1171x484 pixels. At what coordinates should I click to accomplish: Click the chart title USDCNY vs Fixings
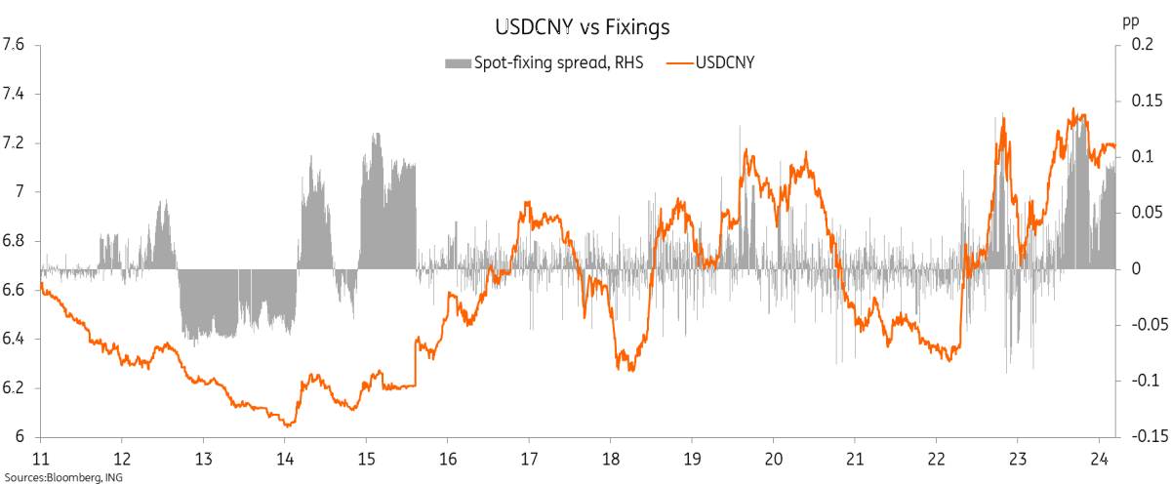coord(585,26)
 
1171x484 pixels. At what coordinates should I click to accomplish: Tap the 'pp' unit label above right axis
coord(1131,19)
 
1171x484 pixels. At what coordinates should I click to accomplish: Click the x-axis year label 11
coord(41,459)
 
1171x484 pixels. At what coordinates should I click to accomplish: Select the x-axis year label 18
coord(611,459)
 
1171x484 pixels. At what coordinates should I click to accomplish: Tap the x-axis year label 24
coord(1099,459)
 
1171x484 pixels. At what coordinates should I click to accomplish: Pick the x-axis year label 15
coord(366,459)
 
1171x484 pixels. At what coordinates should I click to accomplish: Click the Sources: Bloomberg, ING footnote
coord(62,476)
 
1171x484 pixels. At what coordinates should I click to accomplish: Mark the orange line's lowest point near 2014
coord(287,425)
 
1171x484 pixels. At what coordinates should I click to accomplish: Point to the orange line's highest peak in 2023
coord(1073,110)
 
